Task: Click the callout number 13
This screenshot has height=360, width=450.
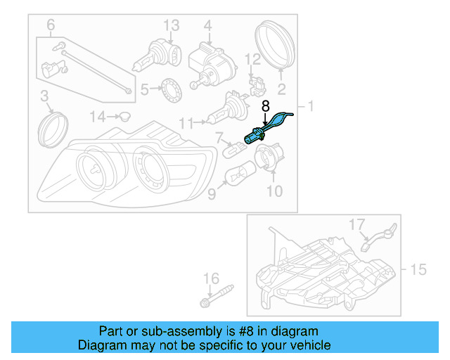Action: pos(172,25)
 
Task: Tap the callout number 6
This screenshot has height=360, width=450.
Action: pos(50,26)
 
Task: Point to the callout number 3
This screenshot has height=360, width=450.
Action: pos(44,96)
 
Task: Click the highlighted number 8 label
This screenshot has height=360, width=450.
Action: pos(265,107)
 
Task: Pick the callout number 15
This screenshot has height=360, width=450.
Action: pos(418,269)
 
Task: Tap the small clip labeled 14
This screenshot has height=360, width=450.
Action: pos(124,115)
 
